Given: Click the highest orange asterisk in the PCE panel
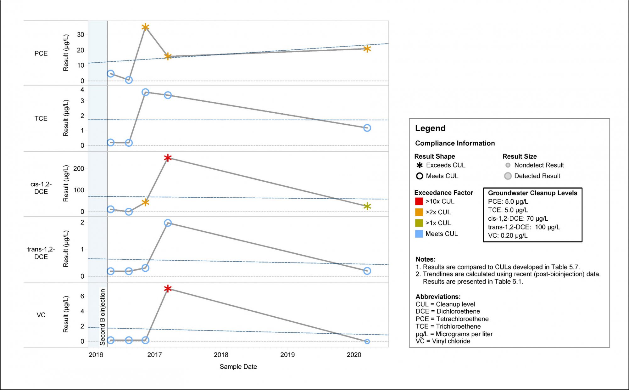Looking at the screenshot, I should point(145,27).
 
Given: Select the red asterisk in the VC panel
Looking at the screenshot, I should point(168,289).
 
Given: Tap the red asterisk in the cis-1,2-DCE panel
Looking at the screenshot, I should point(168,158).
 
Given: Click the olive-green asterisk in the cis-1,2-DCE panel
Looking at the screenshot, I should point(367,206).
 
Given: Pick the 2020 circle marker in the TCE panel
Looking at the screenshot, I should point(367,128).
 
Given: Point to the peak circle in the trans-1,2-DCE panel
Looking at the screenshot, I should point(168,223).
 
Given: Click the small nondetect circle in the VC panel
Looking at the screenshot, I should point(367,342).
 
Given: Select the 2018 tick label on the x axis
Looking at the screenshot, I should point(221,355).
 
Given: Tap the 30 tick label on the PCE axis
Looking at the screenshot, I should point(81,35).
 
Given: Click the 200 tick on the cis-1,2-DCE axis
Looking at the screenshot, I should point(79,169).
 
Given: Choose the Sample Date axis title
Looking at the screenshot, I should point(238,367).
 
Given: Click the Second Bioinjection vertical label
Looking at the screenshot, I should point(103,317).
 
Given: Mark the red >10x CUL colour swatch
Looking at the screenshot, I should point(419,201).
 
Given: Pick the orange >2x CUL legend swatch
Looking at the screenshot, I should point(419,212).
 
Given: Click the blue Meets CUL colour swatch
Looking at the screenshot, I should point(419,234).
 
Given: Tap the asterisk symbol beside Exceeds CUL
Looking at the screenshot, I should point(420,165).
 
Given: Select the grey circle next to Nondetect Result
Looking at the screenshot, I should point(508,165).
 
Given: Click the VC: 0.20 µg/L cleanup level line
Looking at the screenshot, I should point(508,235).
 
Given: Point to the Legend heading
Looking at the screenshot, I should point(430,128).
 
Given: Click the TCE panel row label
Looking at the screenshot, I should point(41,118).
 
